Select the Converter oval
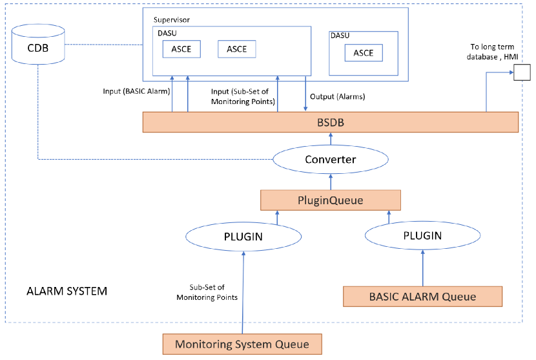(x=331, y=159)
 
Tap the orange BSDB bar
(x=331, y=122)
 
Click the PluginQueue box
(x=331, y=200)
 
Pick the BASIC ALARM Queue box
(x=422, y=297)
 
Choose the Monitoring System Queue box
(x=242, y=344)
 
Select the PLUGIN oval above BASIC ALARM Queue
(x=422, y=236)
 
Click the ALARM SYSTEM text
(x=67, y=291)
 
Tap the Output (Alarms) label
(x=338, y=97)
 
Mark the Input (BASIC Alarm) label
(x=135, y=91)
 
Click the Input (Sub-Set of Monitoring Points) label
(x=240, y=96)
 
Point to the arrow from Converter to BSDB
(x=331, y=139)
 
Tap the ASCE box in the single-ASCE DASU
(x=363, y=53)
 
